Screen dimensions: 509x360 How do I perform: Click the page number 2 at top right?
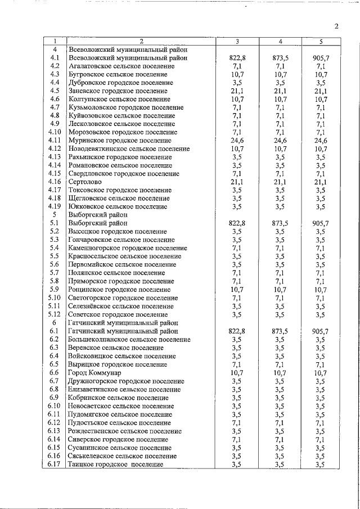336,26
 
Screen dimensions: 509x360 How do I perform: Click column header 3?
237,41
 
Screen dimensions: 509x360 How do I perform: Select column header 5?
321,41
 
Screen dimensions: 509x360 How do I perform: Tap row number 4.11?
55,140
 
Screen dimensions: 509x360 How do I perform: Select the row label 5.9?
55,290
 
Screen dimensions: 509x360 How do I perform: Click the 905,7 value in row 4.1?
321,58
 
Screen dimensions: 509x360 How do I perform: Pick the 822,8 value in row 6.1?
237,332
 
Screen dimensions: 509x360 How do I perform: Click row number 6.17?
55,464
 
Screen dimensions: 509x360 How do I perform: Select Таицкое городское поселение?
115,464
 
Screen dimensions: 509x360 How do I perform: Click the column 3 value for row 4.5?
237,91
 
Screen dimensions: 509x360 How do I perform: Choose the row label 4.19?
55,206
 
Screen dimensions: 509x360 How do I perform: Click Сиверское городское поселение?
117,439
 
